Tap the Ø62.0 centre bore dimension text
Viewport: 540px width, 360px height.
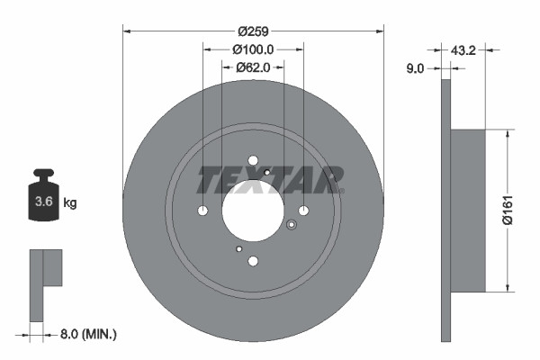click(x=253, y=67)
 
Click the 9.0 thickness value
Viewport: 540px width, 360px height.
click(x=417, y=67)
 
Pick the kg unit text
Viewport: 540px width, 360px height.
click(x=70, y=203)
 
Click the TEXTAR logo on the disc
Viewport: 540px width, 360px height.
click(x=270, y=179)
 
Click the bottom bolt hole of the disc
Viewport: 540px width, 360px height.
click(x=253, y=262)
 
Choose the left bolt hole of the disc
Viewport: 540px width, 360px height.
click(x=202, y=211)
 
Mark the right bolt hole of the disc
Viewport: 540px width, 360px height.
click(x=303, y=211)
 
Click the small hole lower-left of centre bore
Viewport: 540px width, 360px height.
click(x=238, y=248)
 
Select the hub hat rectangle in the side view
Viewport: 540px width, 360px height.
click(x=467, y=211)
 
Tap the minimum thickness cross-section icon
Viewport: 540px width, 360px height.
click(x=44, y=284)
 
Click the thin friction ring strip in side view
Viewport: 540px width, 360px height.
click(x=445, y=211)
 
